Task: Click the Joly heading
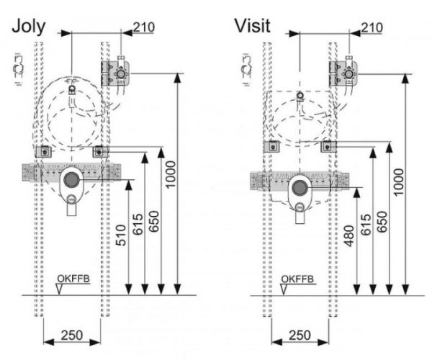point(29,27)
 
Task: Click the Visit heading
point(252,27)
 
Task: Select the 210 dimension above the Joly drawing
point(145,27)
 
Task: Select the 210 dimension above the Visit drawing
point(372,27)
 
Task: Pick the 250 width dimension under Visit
point(300,335)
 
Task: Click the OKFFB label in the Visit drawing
point(296,279)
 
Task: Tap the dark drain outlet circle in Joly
point(71,180)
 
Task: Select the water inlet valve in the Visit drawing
point(349,73)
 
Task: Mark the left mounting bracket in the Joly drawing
point(45,152)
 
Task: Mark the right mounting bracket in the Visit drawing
point(328,145)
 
